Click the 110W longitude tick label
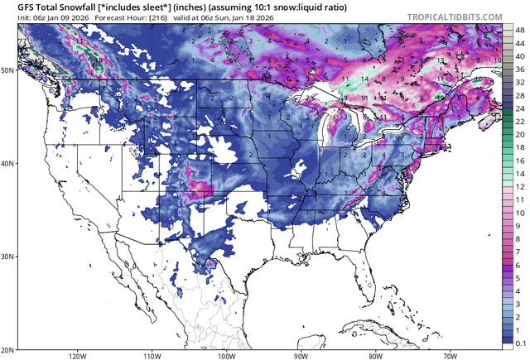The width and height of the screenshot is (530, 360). [152, 355]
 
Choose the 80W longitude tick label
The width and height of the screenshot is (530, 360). [375, 355]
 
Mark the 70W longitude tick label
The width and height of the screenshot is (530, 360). [450, 355]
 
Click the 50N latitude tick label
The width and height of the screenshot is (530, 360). [7, 70]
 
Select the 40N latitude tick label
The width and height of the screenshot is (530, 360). [7, 163]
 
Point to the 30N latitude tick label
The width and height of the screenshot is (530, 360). [7, 257]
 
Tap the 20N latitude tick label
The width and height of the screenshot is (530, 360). [7, 349]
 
